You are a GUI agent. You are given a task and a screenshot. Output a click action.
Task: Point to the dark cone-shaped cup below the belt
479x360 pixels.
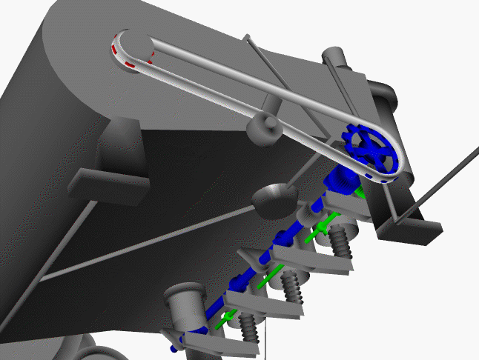[274, 198]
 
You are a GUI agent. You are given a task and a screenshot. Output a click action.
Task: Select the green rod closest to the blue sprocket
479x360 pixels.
[323, 225]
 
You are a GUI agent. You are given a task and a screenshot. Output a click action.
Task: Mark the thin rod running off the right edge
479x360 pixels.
[445, 181]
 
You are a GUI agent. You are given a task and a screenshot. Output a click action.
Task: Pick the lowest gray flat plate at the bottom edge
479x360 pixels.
[204, 341]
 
